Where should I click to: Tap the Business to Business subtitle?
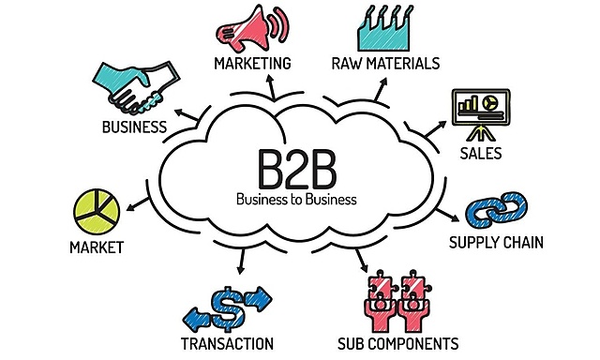point(296,200)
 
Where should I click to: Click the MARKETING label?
point(252,64)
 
